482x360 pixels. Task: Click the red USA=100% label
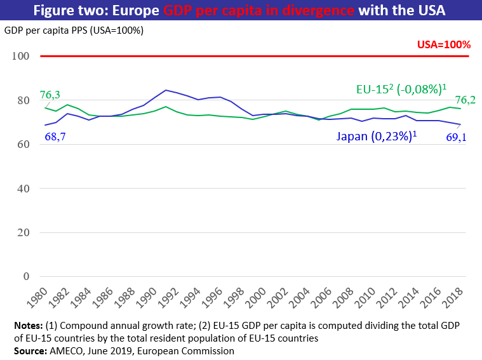click(444, 45)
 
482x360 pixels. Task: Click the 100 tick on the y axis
click(21, 57)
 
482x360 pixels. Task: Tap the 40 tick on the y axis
click(23, 189)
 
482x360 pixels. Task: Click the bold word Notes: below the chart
click(27, 326)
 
